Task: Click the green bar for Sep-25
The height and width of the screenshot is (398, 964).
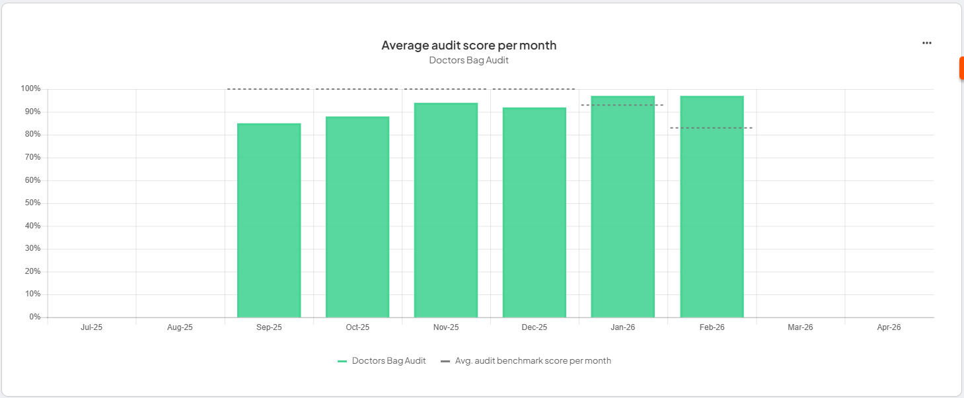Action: (269, 220)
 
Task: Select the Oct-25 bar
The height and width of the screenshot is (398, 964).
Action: (357, 217)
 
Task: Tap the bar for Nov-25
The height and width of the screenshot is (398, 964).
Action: (446, 211)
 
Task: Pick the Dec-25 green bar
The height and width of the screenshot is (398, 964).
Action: (535, 213)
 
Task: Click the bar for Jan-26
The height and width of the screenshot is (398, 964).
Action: (623, 207)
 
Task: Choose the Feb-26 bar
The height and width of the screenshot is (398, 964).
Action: (712, 207)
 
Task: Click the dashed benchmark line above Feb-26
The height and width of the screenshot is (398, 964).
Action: (712, 127)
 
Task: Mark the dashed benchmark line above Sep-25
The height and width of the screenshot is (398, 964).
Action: (269, 89)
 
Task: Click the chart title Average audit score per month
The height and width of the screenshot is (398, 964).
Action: (469, 46)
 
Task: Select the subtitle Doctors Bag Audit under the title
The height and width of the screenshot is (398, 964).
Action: (469, 60)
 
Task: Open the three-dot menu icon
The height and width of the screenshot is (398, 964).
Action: (927, 43)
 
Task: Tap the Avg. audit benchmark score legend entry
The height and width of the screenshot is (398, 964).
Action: (526, 361)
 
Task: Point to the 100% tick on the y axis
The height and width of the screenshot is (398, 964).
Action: (30, 89)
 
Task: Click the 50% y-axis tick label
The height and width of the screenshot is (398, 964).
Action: (32, 203)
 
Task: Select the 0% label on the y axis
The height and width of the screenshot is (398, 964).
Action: (34, 317)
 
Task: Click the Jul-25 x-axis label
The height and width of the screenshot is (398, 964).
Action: (92, 327)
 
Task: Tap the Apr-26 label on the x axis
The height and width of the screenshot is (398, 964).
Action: (889, 327)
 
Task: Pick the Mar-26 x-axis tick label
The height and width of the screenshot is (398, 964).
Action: (800, 327)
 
